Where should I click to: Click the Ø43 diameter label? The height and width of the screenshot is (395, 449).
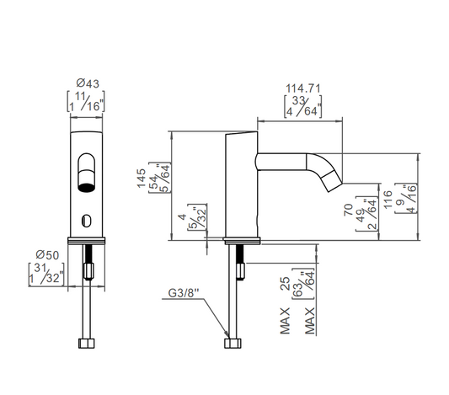point(88,83)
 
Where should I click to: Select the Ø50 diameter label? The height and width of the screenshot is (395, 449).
point(47,254)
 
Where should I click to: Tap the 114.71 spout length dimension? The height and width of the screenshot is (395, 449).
point(303,88)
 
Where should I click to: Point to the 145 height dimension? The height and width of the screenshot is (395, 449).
point(142,178)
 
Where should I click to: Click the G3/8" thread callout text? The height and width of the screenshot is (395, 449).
point(184,293)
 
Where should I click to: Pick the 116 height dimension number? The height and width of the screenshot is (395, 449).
point(388,200)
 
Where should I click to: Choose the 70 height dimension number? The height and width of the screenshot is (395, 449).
point(349,210)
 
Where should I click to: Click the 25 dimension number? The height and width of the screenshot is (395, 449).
point(286,284)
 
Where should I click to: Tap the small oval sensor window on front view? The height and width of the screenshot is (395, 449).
point(86,221)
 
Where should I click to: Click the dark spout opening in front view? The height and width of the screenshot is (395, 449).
point(86,188)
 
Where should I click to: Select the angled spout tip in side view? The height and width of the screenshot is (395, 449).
point(331,180)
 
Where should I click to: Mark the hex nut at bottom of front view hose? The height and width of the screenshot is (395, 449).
point(86,343)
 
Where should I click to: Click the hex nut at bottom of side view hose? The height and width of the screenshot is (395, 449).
point(233,343)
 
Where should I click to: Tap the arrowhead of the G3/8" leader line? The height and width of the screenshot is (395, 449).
point(227,335)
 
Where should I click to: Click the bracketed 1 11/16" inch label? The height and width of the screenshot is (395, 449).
point(86,102)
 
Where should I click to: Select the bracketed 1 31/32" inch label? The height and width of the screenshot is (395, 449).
point(46,274)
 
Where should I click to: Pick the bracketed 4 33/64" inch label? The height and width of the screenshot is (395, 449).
point(302,106)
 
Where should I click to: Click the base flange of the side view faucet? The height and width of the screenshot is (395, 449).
point(242,241)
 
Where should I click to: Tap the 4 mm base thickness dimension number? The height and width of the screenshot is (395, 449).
point(183,217)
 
